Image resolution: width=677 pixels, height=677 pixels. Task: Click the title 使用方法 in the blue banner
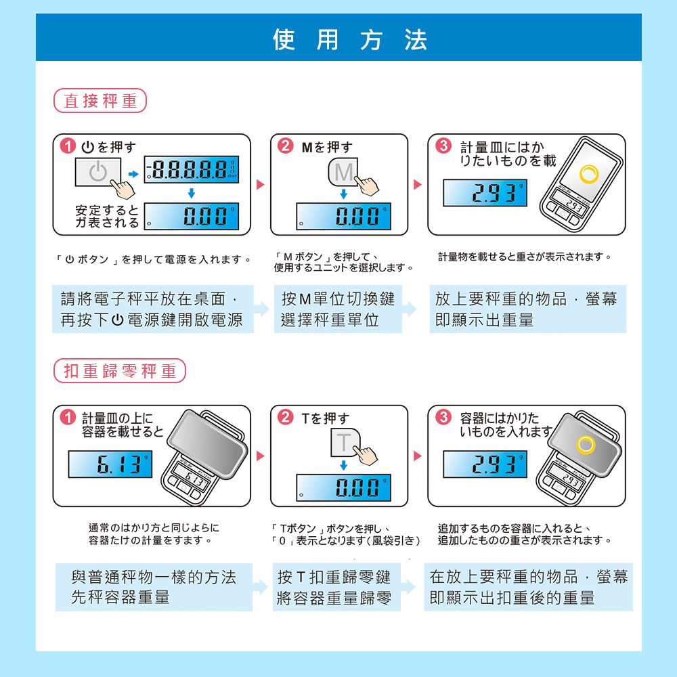click(350, 40)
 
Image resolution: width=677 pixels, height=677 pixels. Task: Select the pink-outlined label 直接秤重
click(100, 101)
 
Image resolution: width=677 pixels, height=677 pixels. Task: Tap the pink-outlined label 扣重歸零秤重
click(120, 370)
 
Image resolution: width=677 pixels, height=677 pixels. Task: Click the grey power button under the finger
click(98, 172)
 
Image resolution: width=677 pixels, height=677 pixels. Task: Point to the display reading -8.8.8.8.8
click(192, 169)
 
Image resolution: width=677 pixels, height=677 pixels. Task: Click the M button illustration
click(343, 172)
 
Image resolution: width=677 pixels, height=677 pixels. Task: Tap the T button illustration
click(345, 442)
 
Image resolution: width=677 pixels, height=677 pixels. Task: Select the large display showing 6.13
click(110, 464)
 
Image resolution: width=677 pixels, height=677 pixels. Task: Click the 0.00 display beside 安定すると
click(192, 216)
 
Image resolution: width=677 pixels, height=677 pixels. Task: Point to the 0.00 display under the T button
click(343, 487)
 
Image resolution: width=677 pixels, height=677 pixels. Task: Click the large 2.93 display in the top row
click(485, 192)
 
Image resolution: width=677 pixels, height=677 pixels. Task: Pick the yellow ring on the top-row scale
click(589, 174)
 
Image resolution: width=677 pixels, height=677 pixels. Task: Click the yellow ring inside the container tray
click(586, 445)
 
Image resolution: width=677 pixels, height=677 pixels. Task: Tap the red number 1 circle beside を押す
click(68, 146)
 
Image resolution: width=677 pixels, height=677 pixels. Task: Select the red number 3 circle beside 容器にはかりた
click(443, 417)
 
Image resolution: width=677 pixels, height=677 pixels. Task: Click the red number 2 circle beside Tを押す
click(286, 417)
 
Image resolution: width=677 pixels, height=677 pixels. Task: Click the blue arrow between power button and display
click(133, 174)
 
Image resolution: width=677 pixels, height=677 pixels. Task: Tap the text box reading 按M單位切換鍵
click(338, 309)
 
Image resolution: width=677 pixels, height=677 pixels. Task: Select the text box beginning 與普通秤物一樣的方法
click(154, 587)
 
